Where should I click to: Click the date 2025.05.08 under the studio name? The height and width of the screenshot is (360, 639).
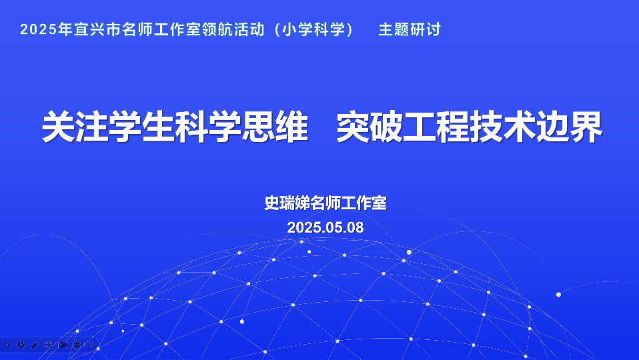tap(326, 227)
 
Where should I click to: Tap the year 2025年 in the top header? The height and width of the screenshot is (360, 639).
tap(46, 29)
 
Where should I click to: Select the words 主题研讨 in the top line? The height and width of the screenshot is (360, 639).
tap(410, 29)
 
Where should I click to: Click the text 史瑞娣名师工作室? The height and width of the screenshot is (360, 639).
tap(326, 203)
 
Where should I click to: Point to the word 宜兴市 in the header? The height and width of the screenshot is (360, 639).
tap(97, 29)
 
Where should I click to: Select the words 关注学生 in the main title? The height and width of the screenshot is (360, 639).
tap(108, 127)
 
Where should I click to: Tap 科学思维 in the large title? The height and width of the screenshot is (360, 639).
tap(241, 127)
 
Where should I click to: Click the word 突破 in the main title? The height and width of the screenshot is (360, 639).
tap(370, 127)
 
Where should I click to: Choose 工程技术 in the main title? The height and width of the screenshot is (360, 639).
tap(469, 127)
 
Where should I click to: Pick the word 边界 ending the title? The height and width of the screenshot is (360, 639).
tap(570, 127)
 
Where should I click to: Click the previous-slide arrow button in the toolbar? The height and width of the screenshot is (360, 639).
tap(7, 345)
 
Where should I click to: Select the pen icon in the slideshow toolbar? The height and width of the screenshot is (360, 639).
tap(35, 345)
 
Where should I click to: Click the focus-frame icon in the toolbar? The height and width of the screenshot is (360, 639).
tap(49, 345)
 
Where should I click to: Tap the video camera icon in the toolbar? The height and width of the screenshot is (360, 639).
tap(63, 345)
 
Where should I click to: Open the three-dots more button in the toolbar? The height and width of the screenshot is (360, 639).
tap(77, 345)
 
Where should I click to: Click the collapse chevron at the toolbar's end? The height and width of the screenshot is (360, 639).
tap(91, 345)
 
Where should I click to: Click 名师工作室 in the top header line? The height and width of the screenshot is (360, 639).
tap(161, 29)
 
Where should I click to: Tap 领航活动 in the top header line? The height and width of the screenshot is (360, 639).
tap(233, 29)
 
